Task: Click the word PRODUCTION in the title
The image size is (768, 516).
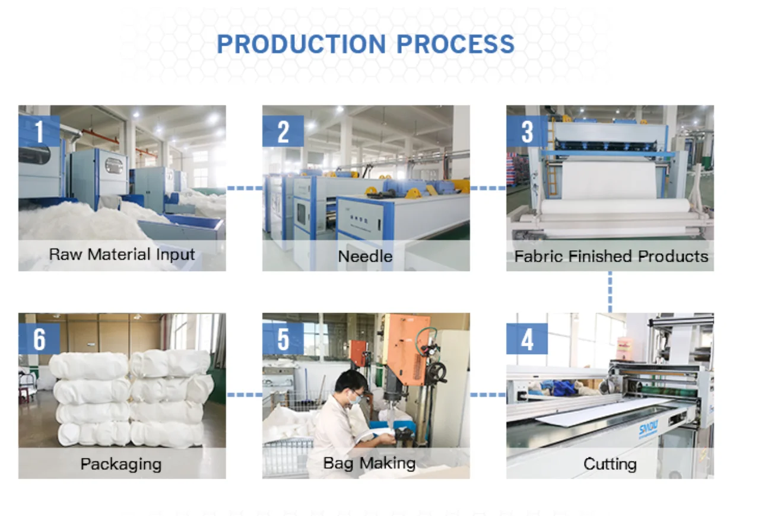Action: [301, 44]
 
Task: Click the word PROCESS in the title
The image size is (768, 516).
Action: [455, 44]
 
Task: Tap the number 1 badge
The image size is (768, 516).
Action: [39, 131]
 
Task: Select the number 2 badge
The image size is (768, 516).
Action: [283, 131]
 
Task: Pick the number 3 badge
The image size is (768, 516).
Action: [527, 131]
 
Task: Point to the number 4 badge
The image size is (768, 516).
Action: [527, 339]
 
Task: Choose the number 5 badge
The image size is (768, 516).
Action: [283, 339]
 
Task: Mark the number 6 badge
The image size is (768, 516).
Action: [39, 339]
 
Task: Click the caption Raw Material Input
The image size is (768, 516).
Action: [122, 255]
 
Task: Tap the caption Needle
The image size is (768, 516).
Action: [365, 256]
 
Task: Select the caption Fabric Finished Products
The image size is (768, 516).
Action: [611, 256]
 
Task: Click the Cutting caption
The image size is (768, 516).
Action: [610, 464]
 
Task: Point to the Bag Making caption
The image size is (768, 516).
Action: [369, 463]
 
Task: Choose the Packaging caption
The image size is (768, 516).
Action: [121, 464]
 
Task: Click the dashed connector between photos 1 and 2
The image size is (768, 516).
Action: [244, 188]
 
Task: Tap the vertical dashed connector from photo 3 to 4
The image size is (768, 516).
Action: [610, 292]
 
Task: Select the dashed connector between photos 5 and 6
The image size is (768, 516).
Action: [244, 394]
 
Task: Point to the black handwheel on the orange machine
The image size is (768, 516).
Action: [437, 372]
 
